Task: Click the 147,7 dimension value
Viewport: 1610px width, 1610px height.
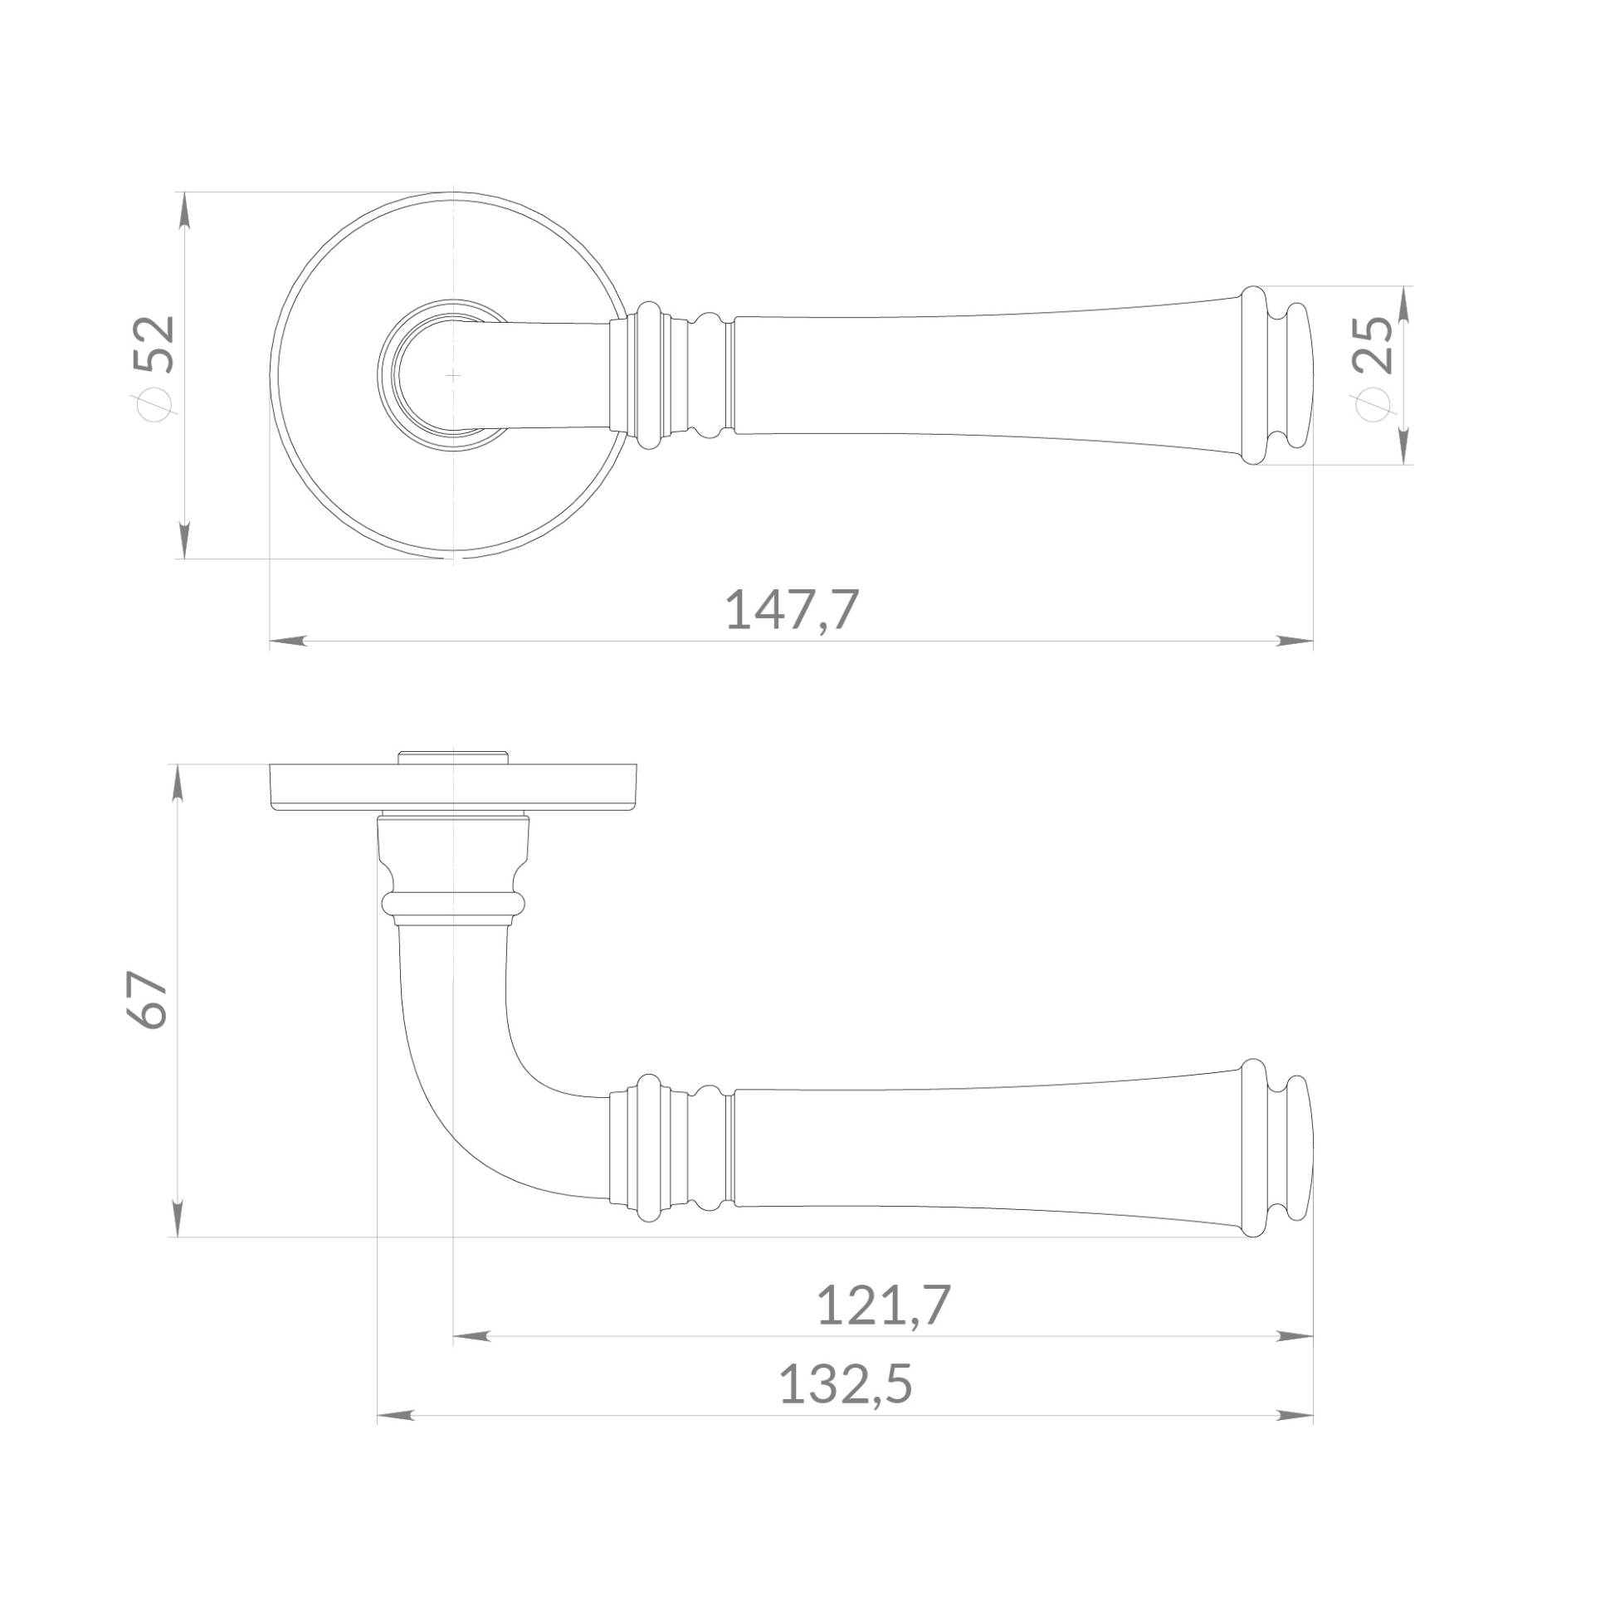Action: (792, 610)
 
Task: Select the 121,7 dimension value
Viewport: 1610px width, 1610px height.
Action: (883, 1305)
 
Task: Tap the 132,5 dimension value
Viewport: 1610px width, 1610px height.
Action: (845, 1384)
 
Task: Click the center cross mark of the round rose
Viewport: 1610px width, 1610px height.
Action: (452, 375)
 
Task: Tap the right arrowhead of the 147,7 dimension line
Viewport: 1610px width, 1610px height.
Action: (1295, 641)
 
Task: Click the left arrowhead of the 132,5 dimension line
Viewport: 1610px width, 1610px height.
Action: (396, 1416)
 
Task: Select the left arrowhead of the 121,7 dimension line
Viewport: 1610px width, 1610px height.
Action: (471, 1337)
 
